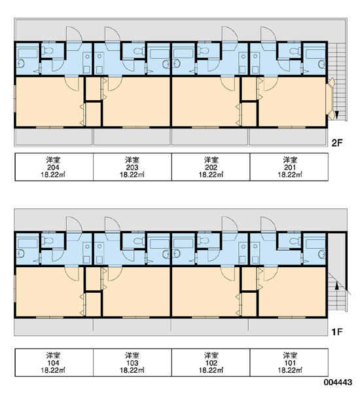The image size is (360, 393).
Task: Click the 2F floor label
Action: [x=336, y=143]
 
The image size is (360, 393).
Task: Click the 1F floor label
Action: [x=336, y=332]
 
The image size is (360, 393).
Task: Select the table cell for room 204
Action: [x=54, y=166]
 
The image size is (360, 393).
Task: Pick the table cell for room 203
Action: [x=132, y=166]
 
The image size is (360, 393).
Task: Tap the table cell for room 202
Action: [x=211, y=166]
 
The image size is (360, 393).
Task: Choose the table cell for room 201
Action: [x=289, y=166]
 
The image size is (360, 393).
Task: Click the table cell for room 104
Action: [x=54, y=362]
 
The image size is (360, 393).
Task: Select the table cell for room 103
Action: [x=132, y=362]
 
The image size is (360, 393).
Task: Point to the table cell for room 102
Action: [x=211, y=362]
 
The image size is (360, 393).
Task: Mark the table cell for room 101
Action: [x=289, y=362]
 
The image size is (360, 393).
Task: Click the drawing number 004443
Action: [x=338, y=383]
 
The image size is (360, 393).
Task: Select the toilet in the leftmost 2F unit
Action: [x=47, y=51]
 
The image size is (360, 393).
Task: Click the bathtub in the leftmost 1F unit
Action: [x=27, y=244]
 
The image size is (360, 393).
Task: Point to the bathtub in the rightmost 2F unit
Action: [x=315, y=54]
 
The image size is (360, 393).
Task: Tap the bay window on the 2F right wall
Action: [x=331, y=98]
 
